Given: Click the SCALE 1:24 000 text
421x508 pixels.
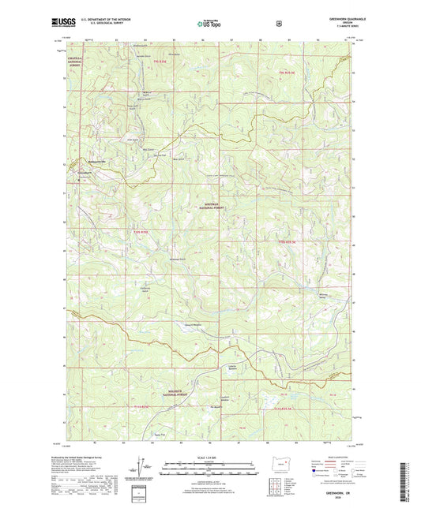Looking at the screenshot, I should click(210, 460).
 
